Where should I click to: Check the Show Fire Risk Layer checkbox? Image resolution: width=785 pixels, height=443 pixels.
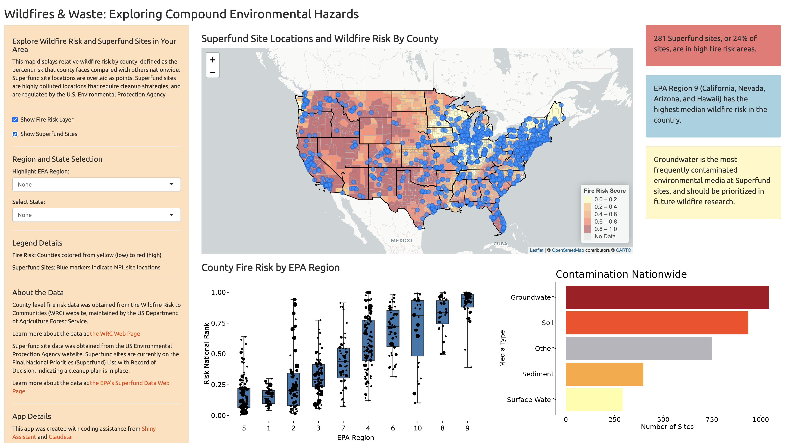[15, 119]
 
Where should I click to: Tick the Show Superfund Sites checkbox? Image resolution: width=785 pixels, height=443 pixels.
[15, 134]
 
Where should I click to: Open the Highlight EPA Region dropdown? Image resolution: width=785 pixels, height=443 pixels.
[96, 184]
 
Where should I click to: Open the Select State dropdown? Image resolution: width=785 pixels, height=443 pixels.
[96, 215]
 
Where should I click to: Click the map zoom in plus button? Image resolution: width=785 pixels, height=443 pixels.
[213, 60]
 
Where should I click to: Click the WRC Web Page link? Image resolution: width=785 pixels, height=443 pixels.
[115, 334]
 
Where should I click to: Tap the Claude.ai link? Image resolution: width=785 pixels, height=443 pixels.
[61, 437]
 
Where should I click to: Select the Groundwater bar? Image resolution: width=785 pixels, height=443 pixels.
[667, 297]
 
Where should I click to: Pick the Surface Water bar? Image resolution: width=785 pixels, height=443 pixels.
[594, 400]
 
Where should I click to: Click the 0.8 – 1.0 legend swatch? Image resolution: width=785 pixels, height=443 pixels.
[588, 229]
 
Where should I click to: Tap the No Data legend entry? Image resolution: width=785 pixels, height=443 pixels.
[605, 236]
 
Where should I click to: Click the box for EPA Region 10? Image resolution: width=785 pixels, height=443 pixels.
[418, 328]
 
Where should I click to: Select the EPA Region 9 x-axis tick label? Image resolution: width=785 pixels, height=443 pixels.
[467, 428]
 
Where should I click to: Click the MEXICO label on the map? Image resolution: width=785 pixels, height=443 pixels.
[401, 241]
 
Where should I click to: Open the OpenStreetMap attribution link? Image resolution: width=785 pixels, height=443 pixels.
[568, 250]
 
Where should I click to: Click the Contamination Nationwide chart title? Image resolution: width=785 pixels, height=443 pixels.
[621, 274]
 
